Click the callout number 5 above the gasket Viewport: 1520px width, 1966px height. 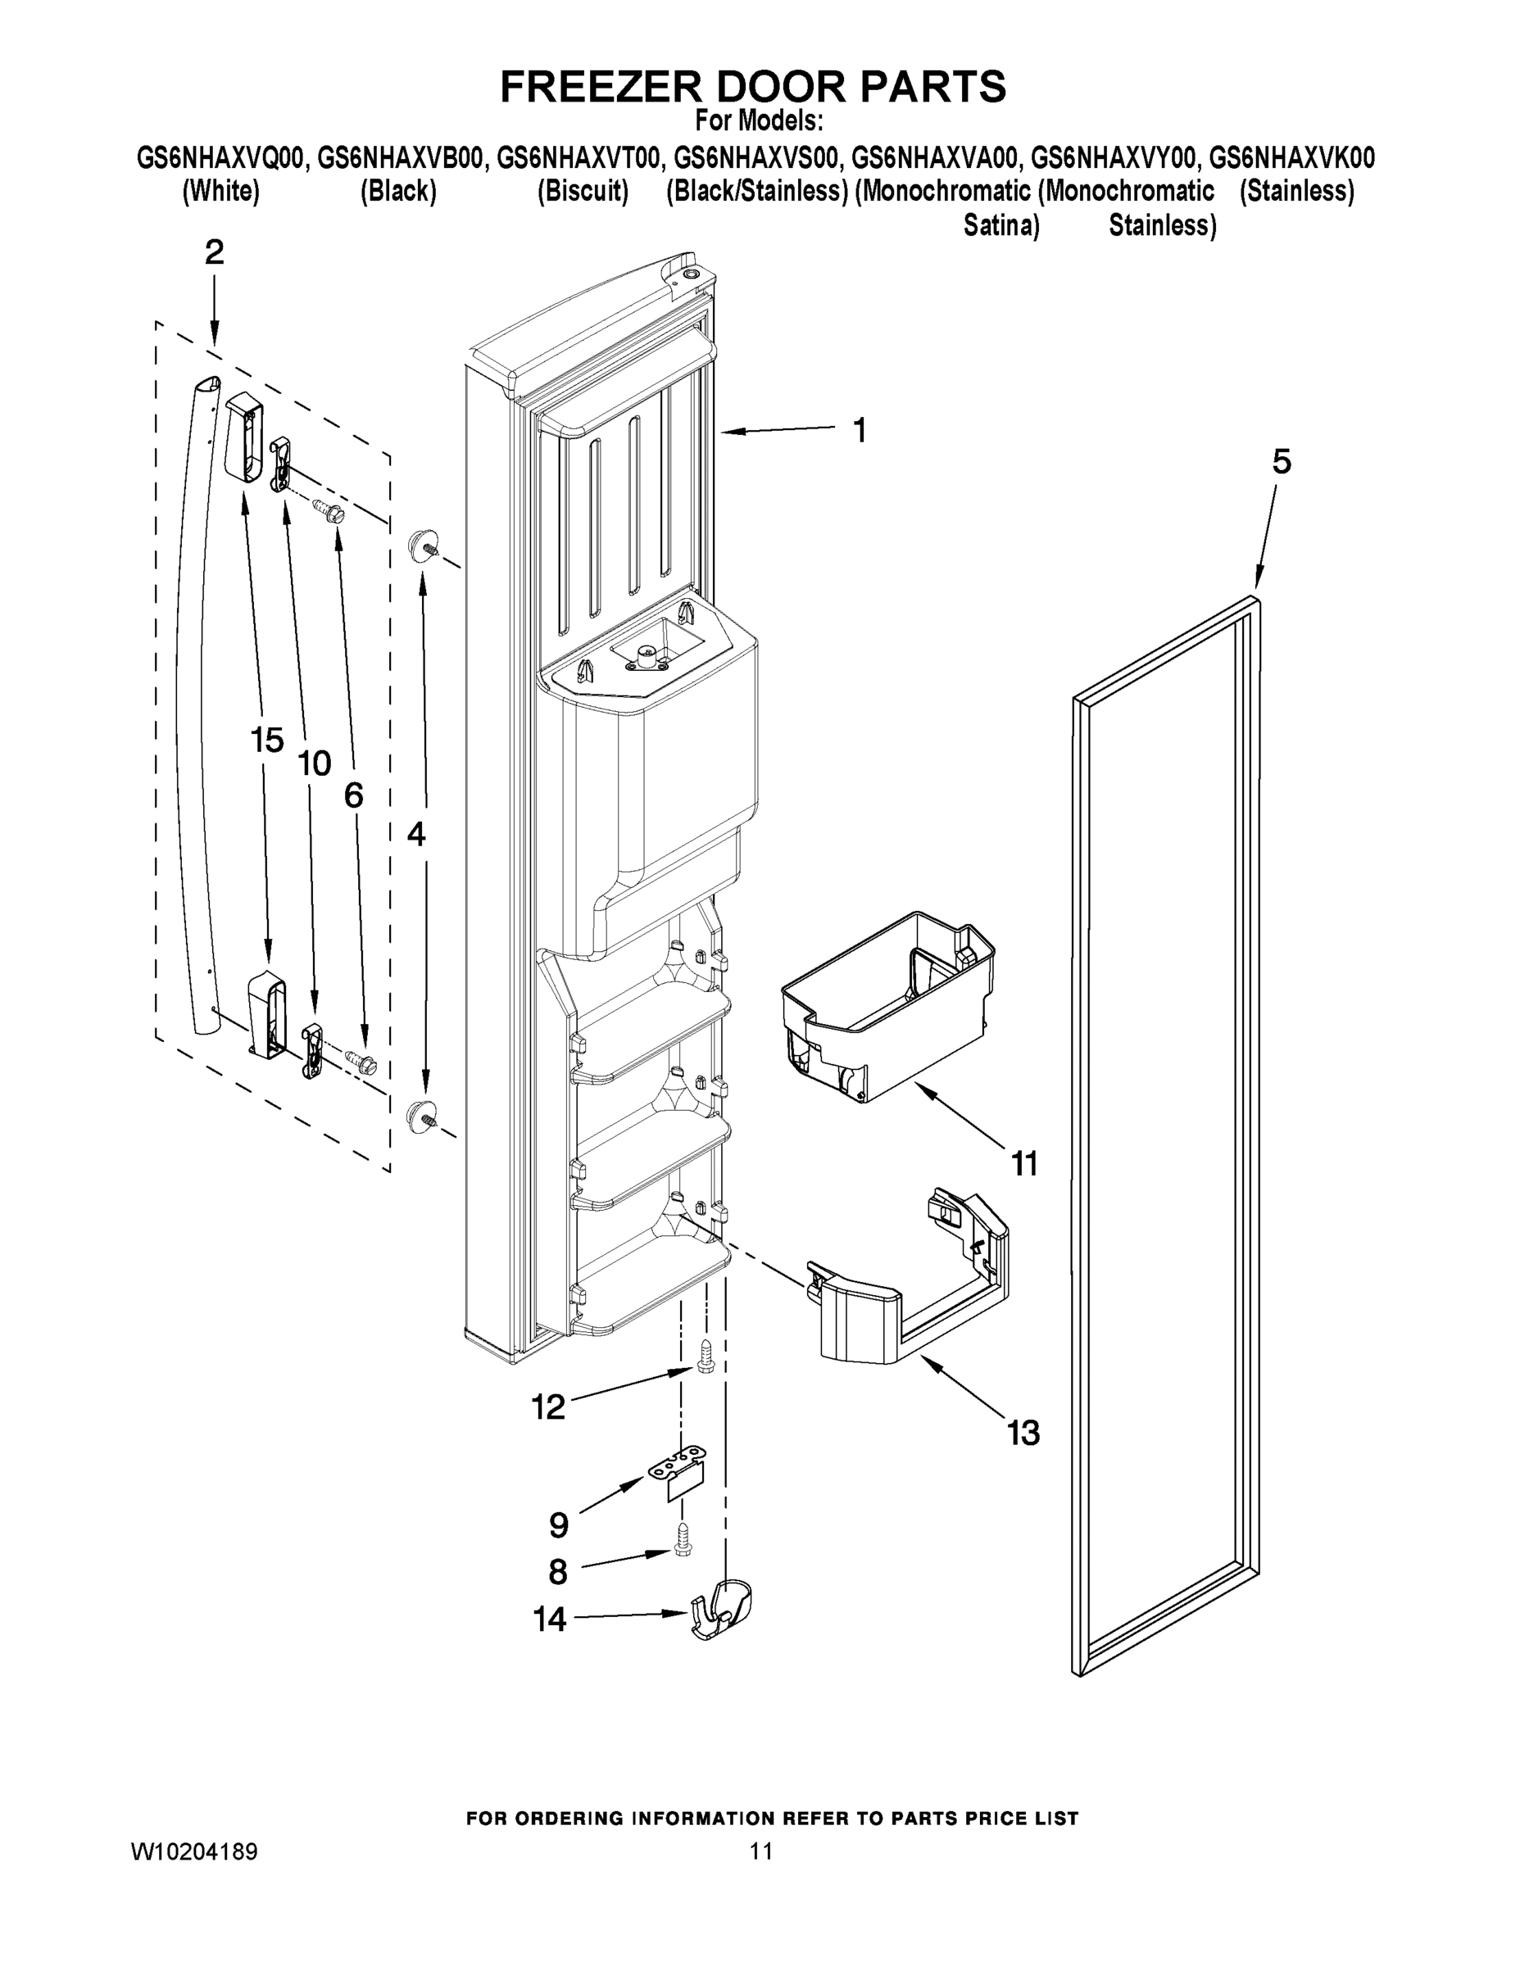(1282, 463)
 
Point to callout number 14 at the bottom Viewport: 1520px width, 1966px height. (549, 1619)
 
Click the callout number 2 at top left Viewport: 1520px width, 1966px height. (215, 253)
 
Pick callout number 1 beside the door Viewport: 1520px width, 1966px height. (860, 431)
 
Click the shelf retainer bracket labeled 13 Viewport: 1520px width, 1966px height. (910, 1278)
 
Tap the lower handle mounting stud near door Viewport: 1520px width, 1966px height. (421, 1116)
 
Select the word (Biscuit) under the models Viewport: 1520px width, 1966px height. (583, 192)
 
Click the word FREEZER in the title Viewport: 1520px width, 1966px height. (601, 88)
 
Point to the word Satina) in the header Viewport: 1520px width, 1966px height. (1001, 225)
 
